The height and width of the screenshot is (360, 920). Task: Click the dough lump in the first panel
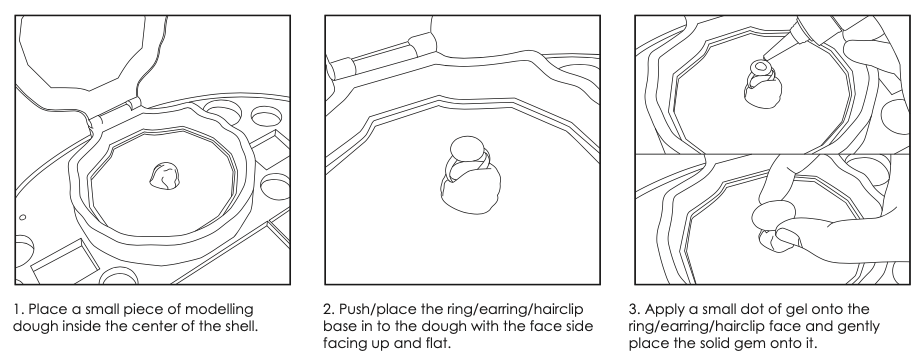(x=165, y=176)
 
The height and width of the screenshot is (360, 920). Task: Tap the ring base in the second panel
(x=468, y=158)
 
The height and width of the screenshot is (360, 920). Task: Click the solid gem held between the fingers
(x=770, y=215)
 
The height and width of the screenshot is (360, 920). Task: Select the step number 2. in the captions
(x=329, y=309)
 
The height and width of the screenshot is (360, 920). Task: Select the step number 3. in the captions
(x=635, y=309)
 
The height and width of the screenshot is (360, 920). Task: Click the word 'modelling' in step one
(x=223, y=310)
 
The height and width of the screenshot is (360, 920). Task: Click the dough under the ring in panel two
(x=471, y=189)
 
